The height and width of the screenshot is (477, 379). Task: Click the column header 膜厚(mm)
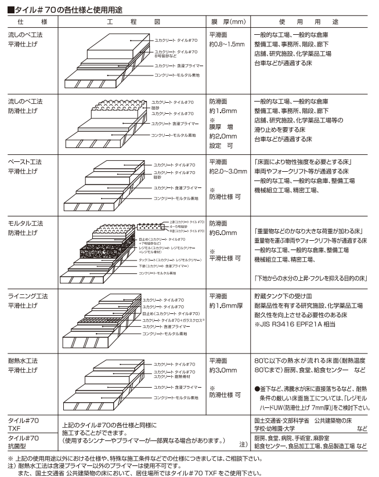pos(228,22)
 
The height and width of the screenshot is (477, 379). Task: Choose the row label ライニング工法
pos(27,297)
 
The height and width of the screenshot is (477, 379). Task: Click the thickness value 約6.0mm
pos(223,233)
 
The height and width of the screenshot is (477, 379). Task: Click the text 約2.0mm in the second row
pos(223,136)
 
